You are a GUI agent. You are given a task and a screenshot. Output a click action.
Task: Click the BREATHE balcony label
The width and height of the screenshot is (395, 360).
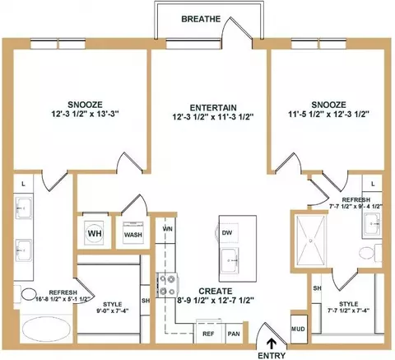pyautogui.click(x=201, y=19)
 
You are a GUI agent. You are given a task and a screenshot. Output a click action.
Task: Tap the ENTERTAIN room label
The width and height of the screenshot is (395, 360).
pyautogui.click(x=213, y=108)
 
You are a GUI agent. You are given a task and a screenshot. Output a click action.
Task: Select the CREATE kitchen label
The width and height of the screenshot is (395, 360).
pyautogui.click(x=216, y=291)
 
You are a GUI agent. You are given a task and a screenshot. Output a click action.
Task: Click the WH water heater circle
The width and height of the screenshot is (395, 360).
pyautogui.click(x=95, y=233)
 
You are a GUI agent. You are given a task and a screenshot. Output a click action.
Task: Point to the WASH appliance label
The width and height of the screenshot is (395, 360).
pyautogui.click(x=133, y=235)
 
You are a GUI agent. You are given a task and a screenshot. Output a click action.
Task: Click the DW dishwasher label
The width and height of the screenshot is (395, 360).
pyautogui.click(x=227, y=233)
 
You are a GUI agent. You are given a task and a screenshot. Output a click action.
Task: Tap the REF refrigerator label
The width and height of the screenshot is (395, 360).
pyautogui.click(x=208, y=334)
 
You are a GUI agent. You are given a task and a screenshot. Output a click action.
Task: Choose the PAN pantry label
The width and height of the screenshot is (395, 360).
pyautogui.click(x=234, y=334)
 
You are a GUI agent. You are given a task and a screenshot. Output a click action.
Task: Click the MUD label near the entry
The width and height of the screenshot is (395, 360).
pyautogui.click(x=298, y=329)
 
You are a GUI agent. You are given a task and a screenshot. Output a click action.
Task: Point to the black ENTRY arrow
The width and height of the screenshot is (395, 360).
pyautogui.click(x=272, y=344)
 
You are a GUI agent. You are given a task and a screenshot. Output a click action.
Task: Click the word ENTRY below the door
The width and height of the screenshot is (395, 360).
pyautogui.click(x=272, y=355)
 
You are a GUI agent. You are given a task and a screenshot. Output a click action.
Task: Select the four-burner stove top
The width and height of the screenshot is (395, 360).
pyautogui.click(x=167, y=285)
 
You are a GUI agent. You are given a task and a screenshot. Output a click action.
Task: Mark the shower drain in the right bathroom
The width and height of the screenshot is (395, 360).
pyautogui.click(x=311, y=241)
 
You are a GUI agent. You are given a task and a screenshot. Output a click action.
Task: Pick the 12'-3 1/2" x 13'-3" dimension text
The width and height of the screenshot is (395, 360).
pyautogui.click(x=85, y=114)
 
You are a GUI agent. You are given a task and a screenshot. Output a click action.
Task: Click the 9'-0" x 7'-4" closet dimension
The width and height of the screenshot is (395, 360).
pyautogui.click(x=113, y=311)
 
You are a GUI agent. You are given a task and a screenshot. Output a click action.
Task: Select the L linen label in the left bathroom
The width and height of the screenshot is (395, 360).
pyautogui.click(x=23, y=184)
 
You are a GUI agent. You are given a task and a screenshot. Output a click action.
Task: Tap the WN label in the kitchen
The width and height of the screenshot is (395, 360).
pyautogui.click(x=167, y=228)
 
